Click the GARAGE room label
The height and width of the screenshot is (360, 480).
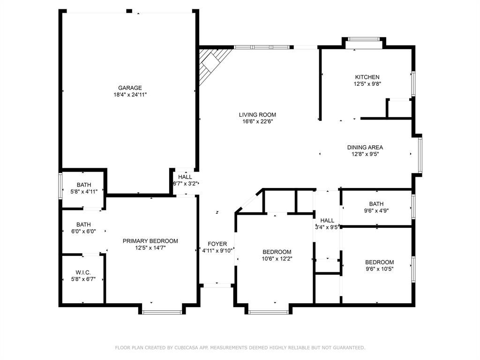tap(130, 88)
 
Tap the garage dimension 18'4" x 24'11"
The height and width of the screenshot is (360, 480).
tap(130, 94)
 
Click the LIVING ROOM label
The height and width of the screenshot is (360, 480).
tap(257, 114)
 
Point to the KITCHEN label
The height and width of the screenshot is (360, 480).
tap(367, 77)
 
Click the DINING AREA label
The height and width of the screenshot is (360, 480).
tap(365, 147)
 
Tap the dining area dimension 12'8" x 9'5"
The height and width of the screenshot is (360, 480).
tap(365, 154)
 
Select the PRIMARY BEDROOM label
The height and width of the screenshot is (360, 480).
tap(150, 241)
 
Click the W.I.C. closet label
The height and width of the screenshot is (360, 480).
tap(83, 272)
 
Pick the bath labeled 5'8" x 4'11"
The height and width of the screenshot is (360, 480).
tap(84, 188)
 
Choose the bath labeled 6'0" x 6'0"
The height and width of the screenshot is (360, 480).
tap(84, 228)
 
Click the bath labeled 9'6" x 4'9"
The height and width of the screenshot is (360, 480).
tap(376, 207)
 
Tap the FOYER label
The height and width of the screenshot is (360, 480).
tap(217, 244)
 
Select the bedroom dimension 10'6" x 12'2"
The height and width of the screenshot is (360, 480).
tap(277, 258)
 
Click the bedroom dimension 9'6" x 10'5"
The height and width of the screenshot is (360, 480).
tap(379, 269)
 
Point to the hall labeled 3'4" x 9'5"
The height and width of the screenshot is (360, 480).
tap(327, 224)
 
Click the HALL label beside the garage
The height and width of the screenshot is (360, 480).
tap(185, 177)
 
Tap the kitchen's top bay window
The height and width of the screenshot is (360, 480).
tap(364, 39)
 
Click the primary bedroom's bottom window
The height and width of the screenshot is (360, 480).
tap(162, 312)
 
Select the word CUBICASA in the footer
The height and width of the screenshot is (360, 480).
tap(186, 347)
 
